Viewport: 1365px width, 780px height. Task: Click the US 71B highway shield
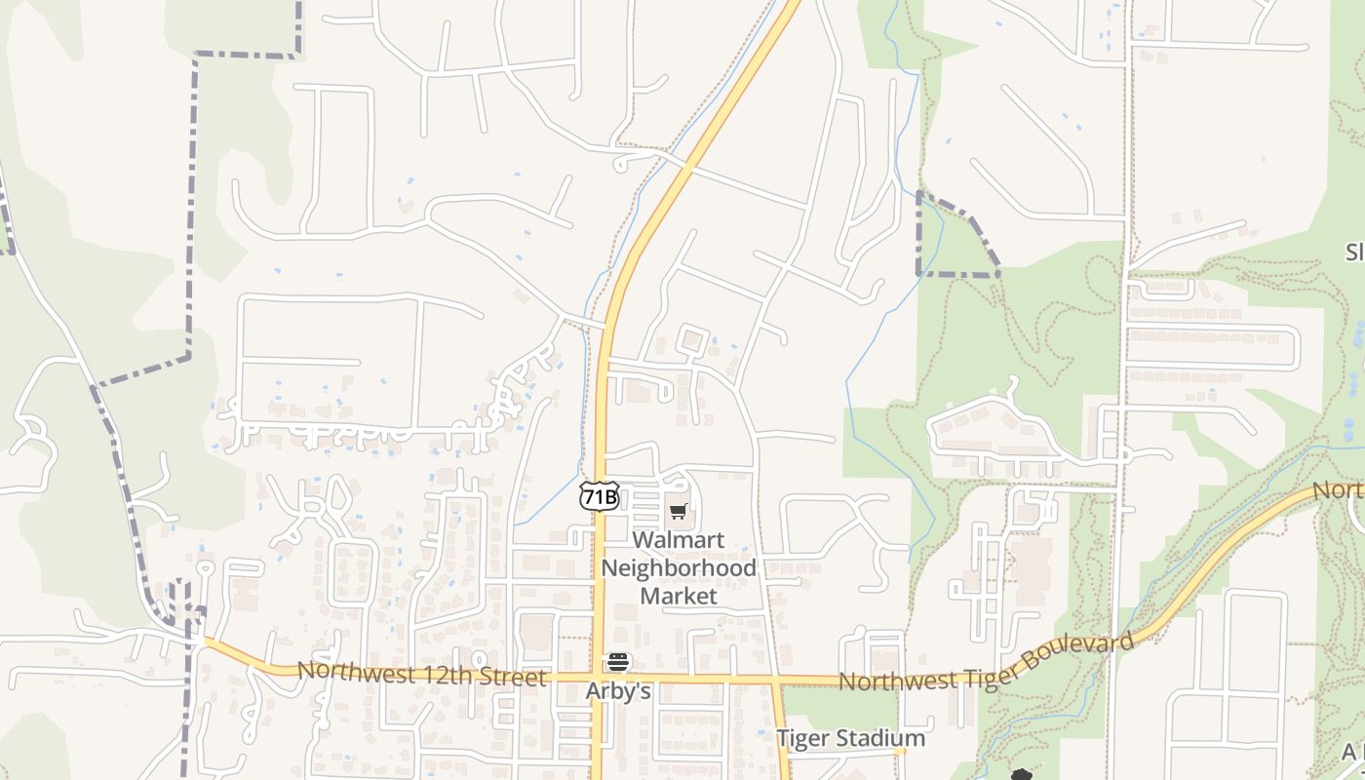[599, 496]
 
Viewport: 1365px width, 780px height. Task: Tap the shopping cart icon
[679, 511]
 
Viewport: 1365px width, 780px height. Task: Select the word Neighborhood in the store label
[679, 567]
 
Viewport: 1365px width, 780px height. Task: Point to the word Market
[679, 595]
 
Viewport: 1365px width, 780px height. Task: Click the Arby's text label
[618, 691]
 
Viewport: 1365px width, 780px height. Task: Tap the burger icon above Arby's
[618, 663]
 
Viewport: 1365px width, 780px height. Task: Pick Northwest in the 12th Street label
[351, 671]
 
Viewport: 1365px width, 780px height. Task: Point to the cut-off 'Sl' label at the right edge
[1353, 253]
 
